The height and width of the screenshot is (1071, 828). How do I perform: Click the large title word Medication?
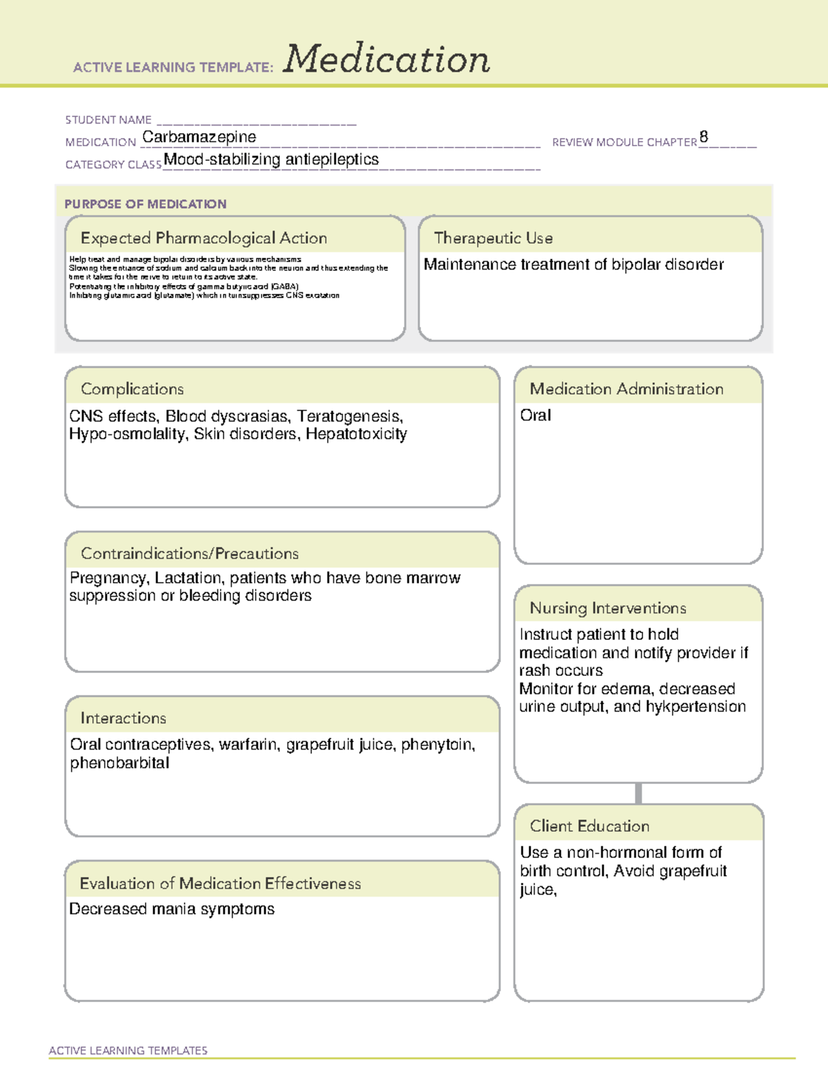[386, 59]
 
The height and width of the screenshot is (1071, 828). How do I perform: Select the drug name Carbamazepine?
[199, 137]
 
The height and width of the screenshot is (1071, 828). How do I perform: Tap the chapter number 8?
[703, 137]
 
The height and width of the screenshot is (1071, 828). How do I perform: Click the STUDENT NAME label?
[108, 120]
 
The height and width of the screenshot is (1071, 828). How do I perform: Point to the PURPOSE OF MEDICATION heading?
[145, 204]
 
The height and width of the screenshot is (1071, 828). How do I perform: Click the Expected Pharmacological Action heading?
[204, 238]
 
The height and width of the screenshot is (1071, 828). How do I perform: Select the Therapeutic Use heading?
[493, 238]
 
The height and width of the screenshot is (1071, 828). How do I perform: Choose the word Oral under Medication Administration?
[535, 415]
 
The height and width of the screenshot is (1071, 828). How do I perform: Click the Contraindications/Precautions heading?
[190, 554]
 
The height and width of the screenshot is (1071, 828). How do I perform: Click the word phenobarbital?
[119, 763]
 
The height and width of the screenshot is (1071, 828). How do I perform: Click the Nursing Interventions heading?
[608, 608]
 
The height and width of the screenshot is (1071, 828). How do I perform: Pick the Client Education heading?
[589, 826]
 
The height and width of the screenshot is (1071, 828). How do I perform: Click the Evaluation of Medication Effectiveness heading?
[220, 883]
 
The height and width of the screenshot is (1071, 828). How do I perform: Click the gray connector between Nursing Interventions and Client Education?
[638, 793]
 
